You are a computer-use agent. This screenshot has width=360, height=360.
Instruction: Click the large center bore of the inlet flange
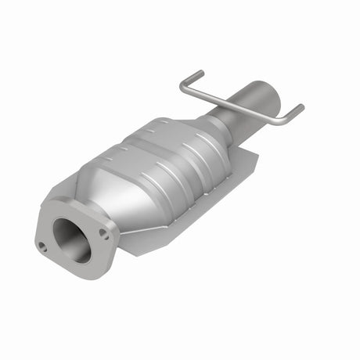(x=71, y=239)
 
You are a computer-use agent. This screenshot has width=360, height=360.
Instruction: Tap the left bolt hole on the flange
(x=41, y=246)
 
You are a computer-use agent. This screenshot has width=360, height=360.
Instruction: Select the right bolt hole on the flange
(x=103, y=232)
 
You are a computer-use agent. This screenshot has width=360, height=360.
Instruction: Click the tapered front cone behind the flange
(x=117, y=196)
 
